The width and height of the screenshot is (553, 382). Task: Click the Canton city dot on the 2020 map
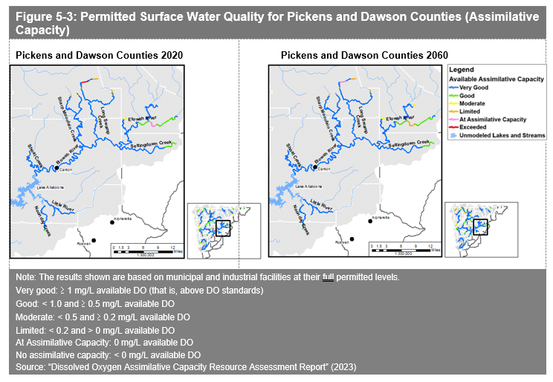[56, 168]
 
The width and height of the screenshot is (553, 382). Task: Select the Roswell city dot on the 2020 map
[94, 240]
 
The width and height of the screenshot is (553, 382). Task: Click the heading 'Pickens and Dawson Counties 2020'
[99, 56]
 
